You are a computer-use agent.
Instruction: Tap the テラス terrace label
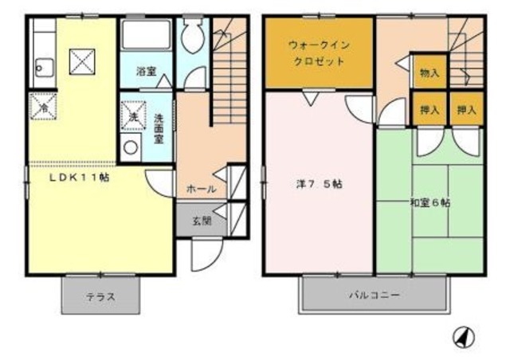(101, 297)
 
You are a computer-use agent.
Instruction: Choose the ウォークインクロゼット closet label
(317, 53)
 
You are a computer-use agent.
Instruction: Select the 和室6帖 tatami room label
(430, 203)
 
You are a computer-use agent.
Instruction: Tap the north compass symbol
(462, 338)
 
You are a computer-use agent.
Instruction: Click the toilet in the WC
(192, 37)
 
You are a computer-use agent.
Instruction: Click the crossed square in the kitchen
(79, 59)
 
